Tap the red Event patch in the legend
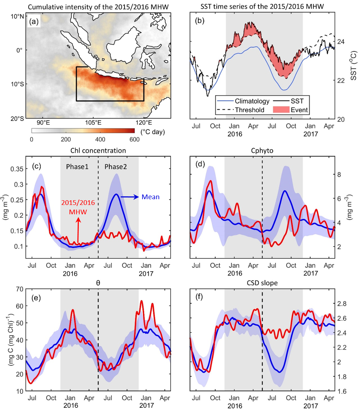pos(282,110)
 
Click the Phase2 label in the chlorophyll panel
pos(116,167)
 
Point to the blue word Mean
pos(149,197)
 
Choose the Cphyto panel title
pos(262,150)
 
